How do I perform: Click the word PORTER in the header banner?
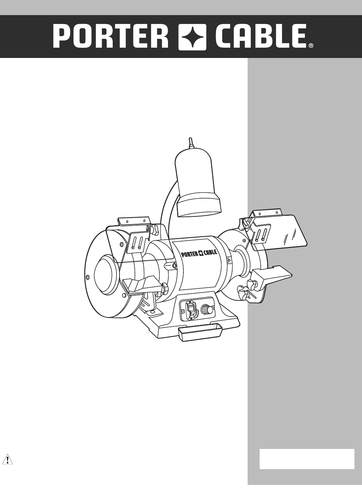pyautogui.click(x=111, y=37)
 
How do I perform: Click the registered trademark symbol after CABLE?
pyautogui.click(x=310, y=46)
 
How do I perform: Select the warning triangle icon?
pyautogui.click(x=8, y=459)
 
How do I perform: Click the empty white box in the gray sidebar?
pyautogui.click(x=307, y=459)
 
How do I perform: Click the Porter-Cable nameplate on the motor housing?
pyautogui.click(x=199, y=253)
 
